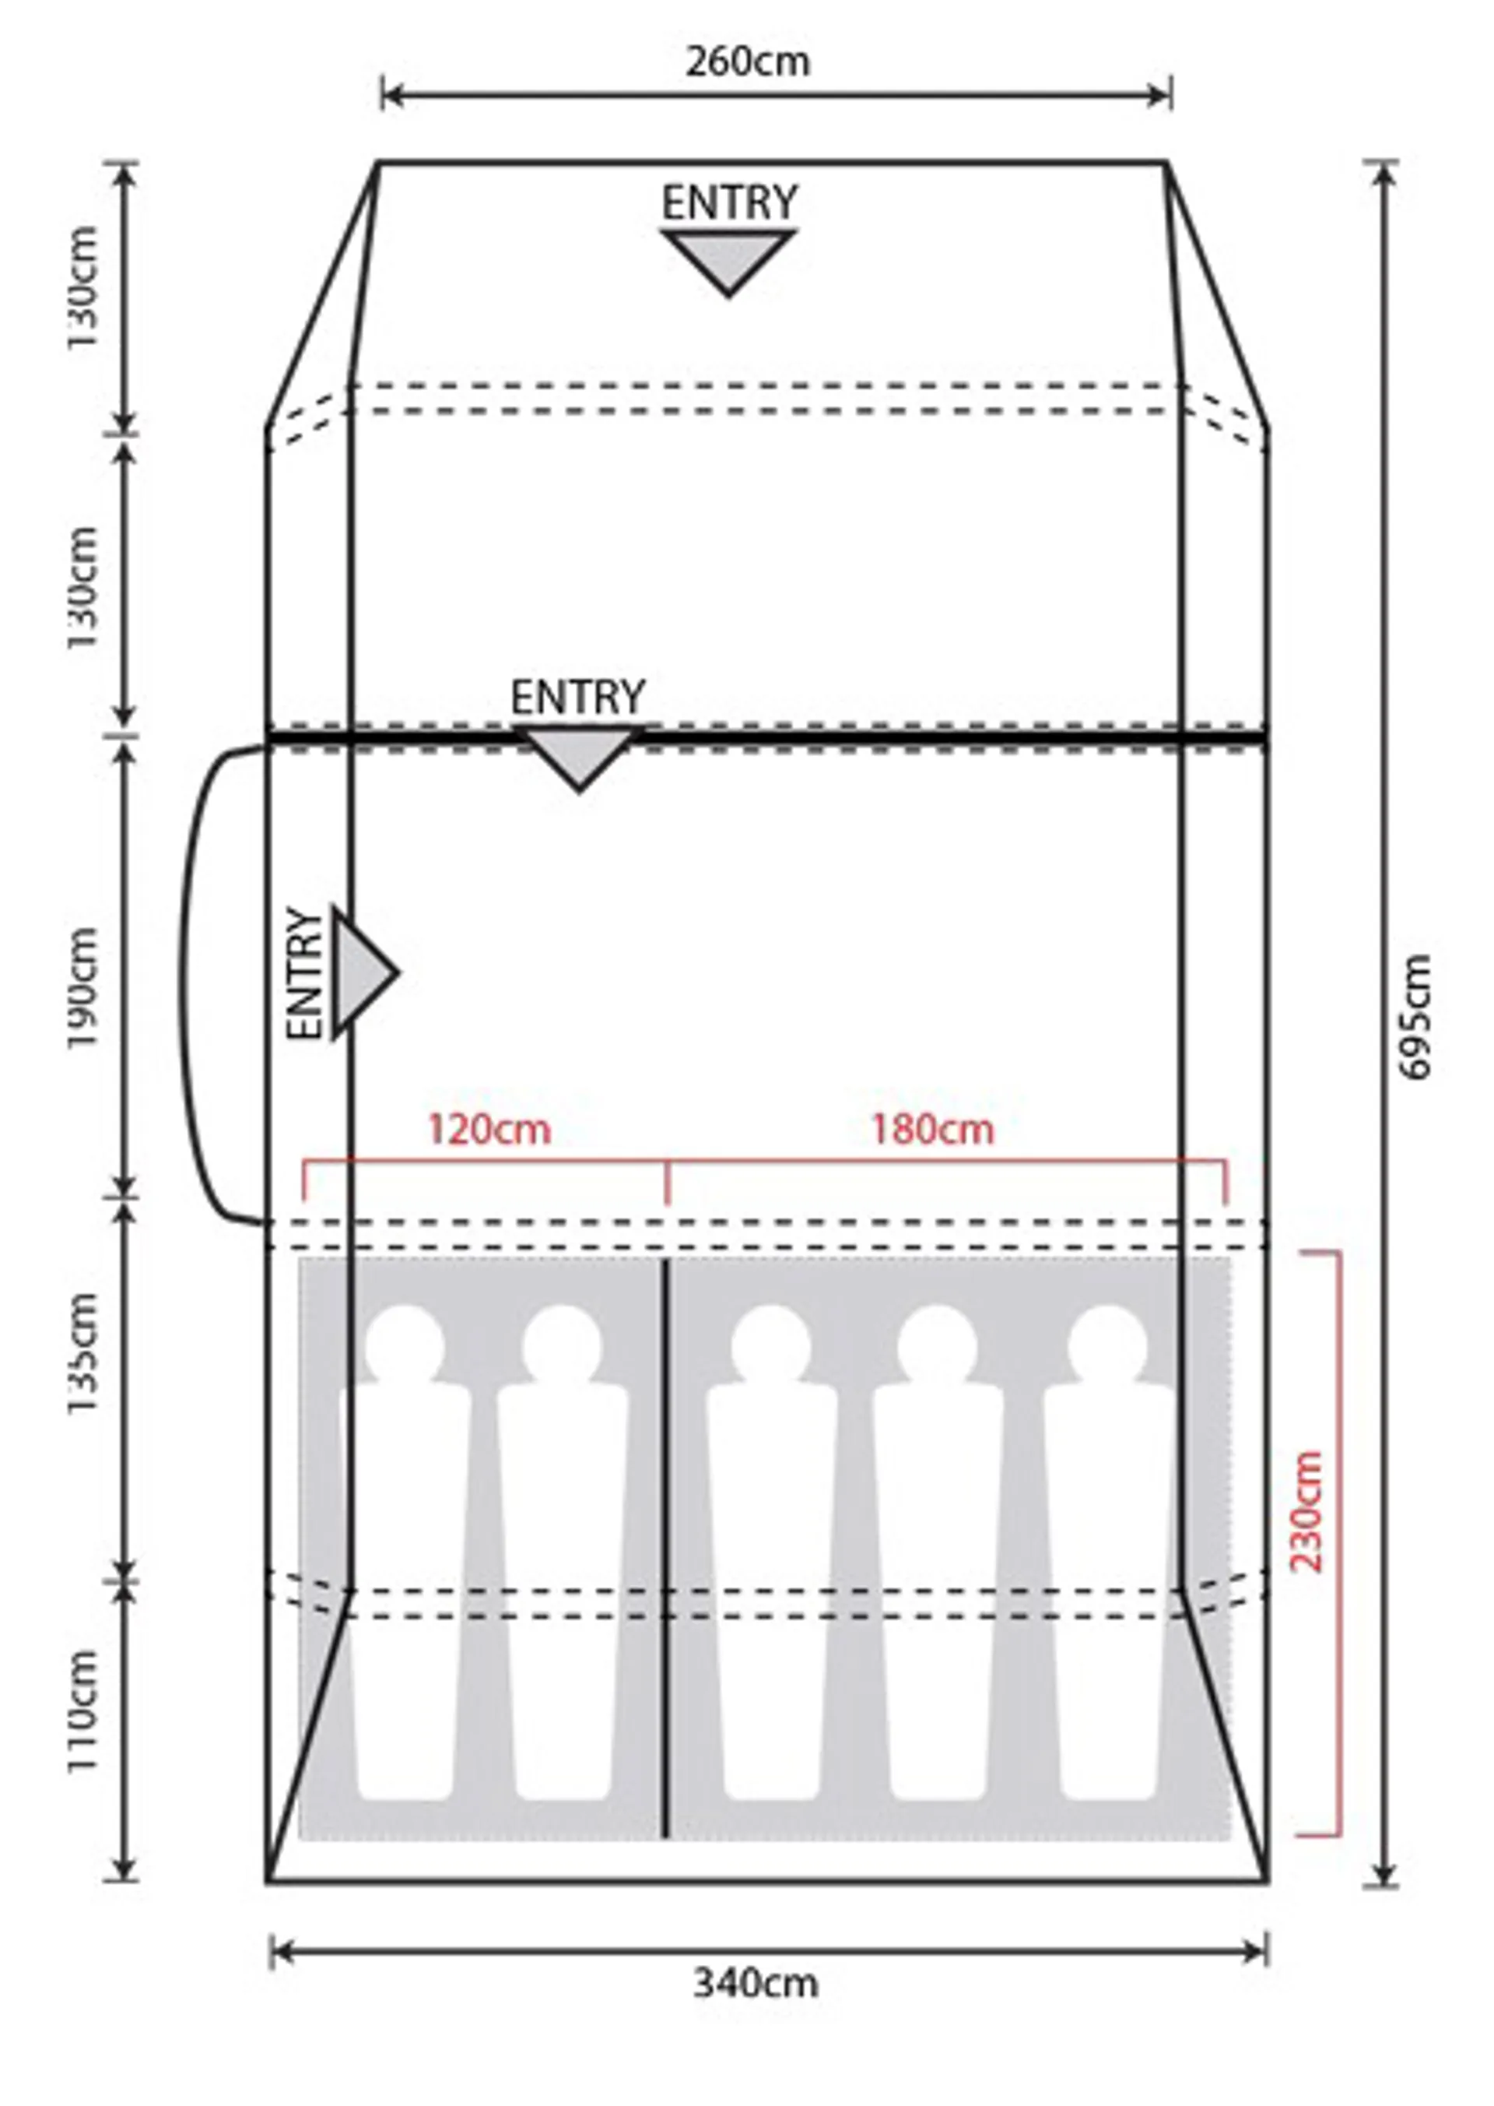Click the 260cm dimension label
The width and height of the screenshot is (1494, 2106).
[x=748, y=62]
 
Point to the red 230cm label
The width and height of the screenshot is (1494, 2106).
[x=1306, y=1511]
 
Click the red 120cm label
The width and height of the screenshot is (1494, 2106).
[x=489, y=1130]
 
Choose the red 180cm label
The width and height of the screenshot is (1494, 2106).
[x=933, y=1130]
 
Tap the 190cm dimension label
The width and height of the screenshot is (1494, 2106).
[x=82, y=988]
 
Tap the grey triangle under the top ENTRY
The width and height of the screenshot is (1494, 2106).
[x=728, y=262]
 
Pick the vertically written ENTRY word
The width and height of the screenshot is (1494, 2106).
[x=306, y=974]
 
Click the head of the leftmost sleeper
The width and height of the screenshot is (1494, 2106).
[x=405, y=1345]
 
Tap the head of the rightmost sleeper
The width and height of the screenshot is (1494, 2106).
[x=1107, y=1345]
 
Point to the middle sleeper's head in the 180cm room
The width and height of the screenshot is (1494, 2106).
[x=938, y=1345]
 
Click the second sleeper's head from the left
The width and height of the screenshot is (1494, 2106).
[x=562, y=1345]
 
